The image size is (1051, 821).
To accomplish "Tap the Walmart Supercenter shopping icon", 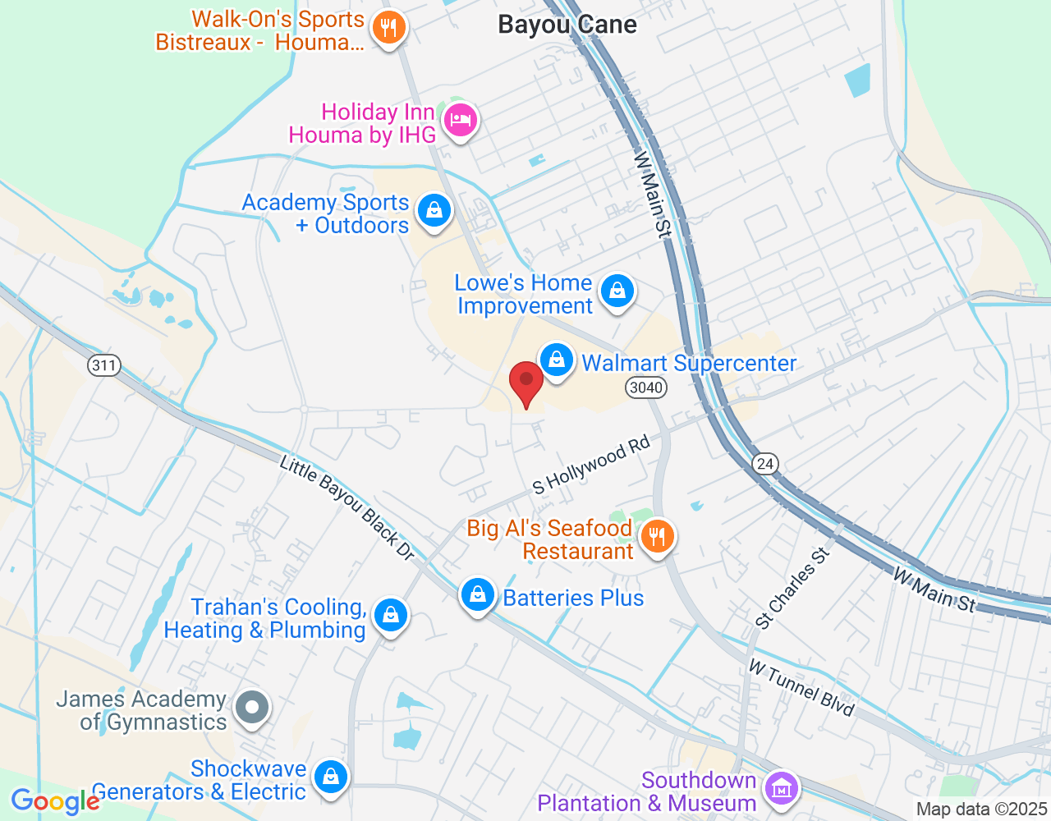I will [x=557, y=360].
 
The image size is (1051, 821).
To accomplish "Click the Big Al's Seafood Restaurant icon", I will [x=656, y=538].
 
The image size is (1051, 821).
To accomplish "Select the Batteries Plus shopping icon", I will [x=477, y=596].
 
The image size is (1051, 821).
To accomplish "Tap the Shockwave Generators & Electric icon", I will [x=330, y=777].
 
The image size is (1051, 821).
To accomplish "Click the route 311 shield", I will [x=104, y=365].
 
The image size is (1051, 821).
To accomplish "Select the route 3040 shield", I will [x=645, y=388].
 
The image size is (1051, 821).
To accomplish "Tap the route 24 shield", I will [x=765, y=464].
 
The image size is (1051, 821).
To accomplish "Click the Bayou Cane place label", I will [x=567, y=25].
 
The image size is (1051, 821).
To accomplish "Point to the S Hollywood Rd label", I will [x=590, y=466].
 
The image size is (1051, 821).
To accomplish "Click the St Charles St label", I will [x=792, y=588].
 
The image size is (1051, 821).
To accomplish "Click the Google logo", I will [x=55, y=801].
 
